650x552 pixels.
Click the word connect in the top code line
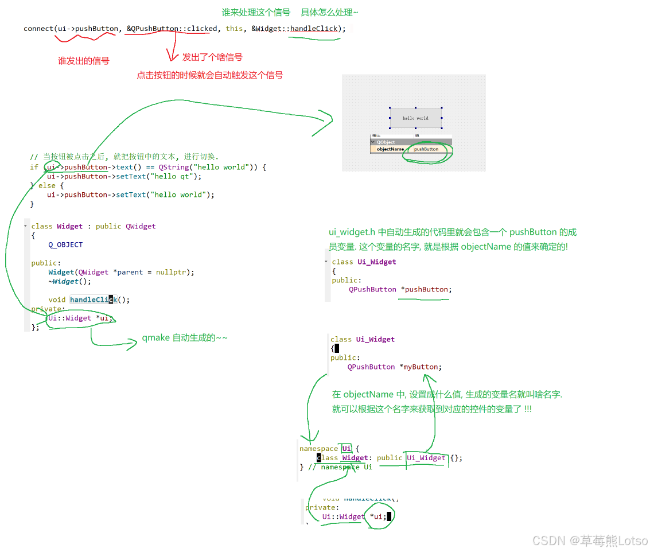pos(38,29)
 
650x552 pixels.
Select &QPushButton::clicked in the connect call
pos(172,29)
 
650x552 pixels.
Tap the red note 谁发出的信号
pos(83,60)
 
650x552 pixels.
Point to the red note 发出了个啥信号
pos(212,57)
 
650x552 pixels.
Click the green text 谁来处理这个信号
pos(256,12)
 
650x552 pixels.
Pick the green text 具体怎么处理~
pos(329,12)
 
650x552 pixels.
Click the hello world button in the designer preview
pos(415,118)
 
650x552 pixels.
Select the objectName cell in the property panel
pos(390,149)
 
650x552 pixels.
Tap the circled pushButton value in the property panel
pos(426,149)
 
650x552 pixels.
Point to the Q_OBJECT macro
pos(65,244)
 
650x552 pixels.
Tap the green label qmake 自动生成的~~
pos(185,338)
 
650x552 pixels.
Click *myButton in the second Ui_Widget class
pos(421,367)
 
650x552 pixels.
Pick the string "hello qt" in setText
pos(172,176)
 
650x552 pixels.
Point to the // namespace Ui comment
pos(340,467)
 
